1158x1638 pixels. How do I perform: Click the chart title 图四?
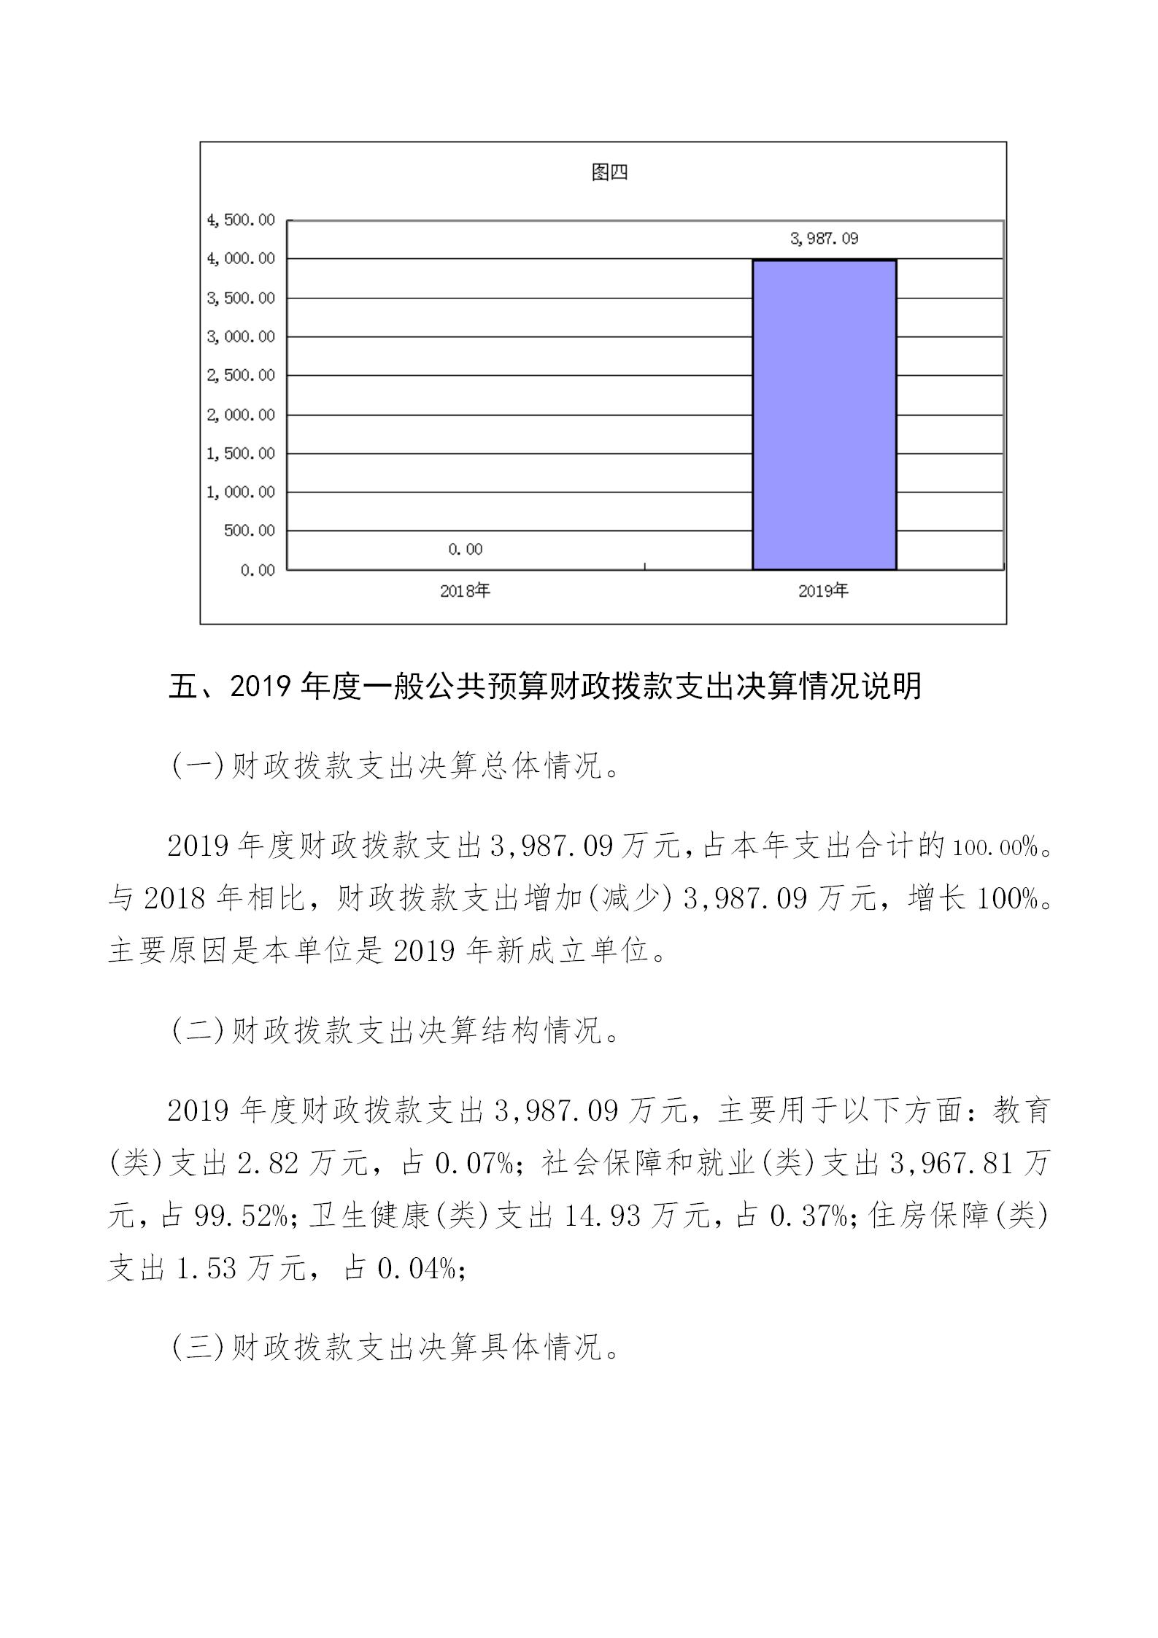[609, 173]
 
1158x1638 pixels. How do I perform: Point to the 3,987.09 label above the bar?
[824, 239]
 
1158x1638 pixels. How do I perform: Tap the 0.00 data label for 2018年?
[466, 549]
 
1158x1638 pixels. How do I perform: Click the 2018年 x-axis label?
[465, 591]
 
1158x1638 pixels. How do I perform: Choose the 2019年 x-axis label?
[823, 591]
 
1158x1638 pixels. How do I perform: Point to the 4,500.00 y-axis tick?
[241, 220]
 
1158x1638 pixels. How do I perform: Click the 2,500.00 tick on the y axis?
[241, 376]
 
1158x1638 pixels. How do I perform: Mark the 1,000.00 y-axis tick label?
[241, 492]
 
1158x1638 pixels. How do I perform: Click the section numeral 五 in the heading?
[183, 687]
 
